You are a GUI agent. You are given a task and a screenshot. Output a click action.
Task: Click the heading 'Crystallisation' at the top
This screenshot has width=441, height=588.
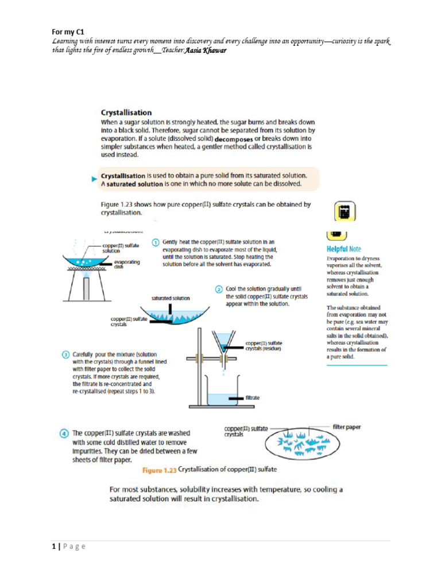tap(126, 113)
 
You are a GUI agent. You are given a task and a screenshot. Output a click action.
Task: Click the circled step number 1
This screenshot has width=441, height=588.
tap(155, 242)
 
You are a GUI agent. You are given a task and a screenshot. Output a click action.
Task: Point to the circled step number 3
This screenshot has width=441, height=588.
tap(66, 354)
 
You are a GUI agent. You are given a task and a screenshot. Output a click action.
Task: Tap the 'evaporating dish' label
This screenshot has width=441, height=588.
tap(127, 264)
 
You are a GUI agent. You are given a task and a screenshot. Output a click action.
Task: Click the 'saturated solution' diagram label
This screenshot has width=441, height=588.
tap(171, 298)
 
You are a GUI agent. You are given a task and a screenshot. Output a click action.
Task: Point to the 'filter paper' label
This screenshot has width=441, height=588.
tap(347, 427)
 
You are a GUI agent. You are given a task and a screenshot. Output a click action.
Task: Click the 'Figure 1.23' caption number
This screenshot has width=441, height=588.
tap(159, 470)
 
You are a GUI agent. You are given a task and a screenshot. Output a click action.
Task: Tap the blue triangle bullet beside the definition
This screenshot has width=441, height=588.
tap(94, 180)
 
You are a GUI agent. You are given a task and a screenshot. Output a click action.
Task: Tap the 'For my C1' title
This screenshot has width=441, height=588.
tap(65, 33)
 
